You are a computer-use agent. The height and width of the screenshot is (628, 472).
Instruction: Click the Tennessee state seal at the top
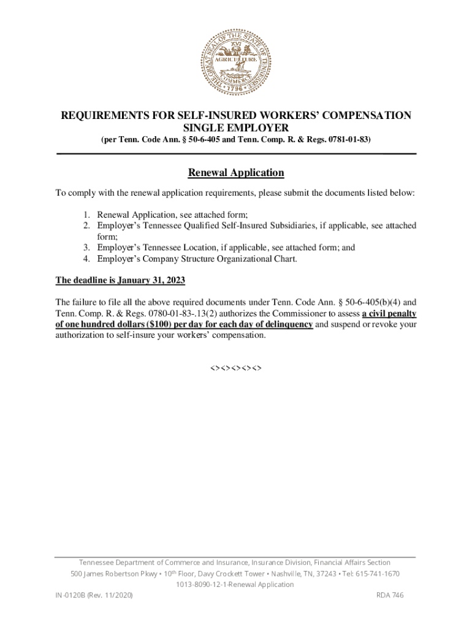(236, 61)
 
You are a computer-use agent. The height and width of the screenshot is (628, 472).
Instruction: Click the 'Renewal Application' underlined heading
(236, 173)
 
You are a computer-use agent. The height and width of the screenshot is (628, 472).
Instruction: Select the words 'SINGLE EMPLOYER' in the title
(236, 128)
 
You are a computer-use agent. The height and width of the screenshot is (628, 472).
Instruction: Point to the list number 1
(87, 215)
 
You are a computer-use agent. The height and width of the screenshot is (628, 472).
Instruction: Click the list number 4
(87, 259)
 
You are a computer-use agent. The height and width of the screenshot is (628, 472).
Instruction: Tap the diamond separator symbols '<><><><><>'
(236, 369)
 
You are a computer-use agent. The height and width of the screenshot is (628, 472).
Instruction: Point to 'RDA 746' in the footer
(389, 595)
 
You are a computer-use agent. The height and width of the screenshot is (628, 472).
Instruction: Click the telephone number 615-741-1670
(379, 573)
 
